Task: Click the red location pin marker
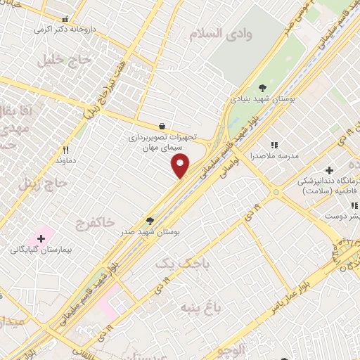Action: click(181, 166)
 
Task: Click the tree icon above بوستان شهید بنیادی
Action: click(262, 88)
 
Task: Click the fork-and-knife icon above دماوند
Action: click(65, 149)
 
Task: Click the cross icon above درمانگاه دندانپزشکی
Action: click(329, 169)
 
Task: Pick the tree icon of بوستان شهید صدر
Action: click(149, 220)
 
